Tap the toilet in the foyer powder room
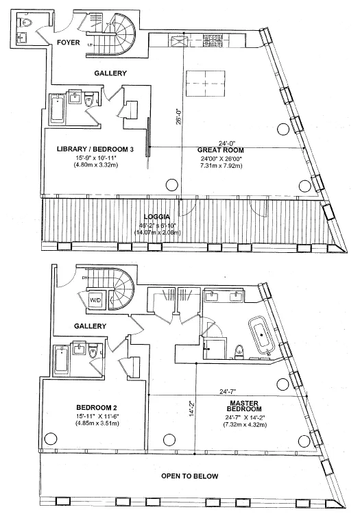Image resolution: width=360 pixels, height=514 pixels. pos(25,23)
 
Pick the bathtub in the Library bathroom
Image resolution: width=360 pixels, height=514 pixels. pos(58,110)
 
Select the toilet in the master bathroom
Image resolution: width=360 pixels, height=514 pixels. pos(239,352)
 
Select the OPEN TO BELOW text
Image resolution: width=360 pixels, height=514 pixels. pos(190,476)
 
